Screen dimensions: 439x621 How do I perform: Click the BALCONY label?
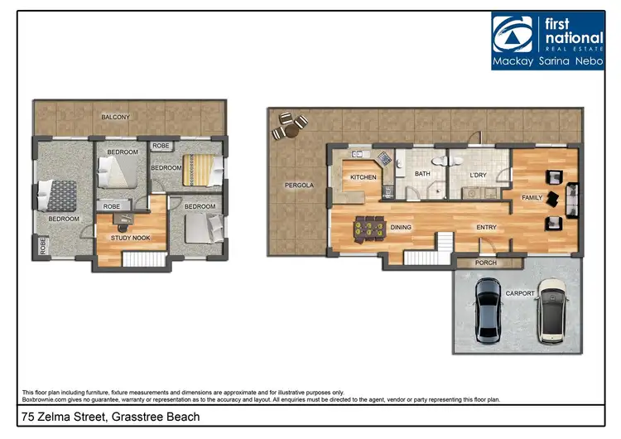click(115, 118)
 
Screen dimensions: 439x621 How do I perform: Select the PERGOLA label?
click(299, 185)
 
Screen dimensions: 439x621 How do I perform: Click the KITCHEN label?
click(363, 177)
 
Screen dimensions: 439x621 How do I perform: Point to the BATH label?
click(422, 174)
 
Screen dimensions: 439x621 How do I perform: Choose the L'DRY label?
click(478, 175)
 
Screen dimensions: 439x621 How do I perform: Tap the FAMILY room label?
click(531, 197)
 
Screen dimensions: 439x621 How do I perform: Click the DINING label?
click(402, 226)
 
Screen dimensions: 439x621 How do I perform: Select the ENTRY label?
click(486, 226)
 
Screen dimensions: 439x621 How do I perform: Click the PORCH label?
click(485, 263)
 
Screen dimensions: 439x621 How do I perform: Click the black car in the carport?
click(488, 310)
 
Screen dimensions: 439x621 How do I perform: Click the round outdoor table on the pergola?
click(290, 127)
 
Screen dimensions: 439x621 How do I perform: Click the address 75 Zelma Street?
click(110, 417)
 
